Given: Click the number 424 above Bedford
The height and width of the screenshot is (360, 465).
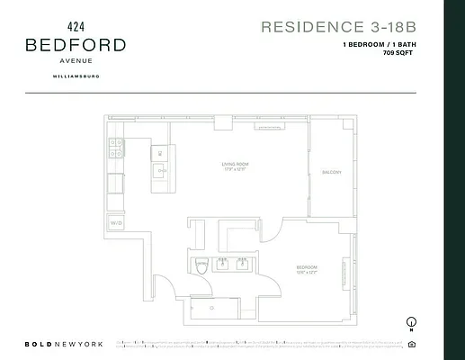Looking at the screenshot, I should [76, 27].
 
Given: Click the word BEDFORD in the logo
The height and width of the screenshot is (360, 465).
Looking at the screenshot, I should [76, 44].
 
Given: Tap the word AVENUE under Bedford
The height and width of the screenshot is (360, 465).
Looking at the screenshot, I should [76, 61].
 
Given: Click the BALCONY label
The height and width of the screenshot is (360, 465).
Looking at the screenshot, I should [330, 172].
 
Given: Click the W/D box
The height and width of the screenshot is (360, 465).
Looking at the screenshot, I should [116, 221].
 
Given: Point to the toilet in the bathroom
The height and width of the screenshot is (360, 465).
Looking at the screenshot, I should [201, 265].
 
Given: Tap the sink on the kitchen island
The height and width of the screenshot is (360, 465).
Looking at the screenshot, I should [160, 170].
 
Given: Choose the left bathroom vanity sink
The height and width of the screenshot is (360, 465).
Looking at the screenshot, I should [223, 265].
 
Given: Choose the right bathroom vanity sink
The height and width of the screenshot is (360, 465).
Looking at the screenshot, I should [243, 265].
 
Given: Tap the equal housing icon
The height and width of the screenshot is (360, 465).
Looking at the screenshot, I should [411, 344].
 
